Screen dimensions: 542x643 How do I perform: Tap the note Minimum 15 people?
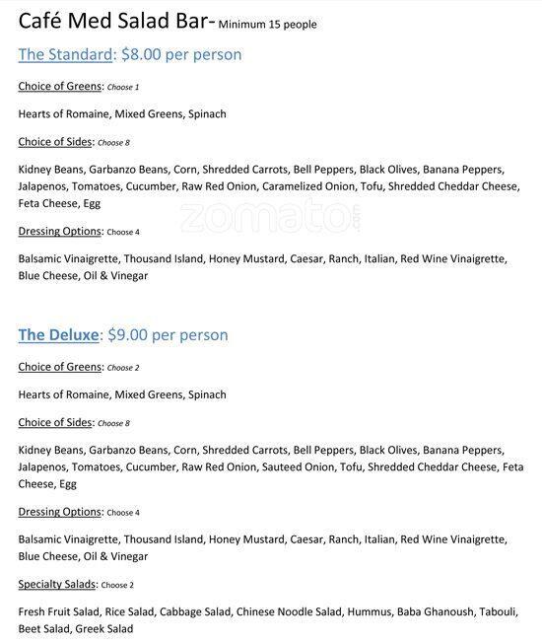click(268, 25)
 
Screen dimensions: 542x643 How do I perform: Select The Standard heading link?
click(64, 55)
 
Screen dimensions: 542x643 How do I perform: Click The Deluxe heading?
click(58, 335)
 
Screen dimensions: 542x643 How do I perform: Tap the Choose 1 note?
click(123, 88)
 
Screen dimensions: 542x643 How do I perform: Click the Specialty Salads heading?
click(57, 584)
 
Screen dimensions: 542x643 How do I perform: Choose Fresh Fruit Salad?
click(60, 612)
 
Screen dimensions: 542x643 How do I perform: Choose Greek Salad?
click(107, 629)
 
